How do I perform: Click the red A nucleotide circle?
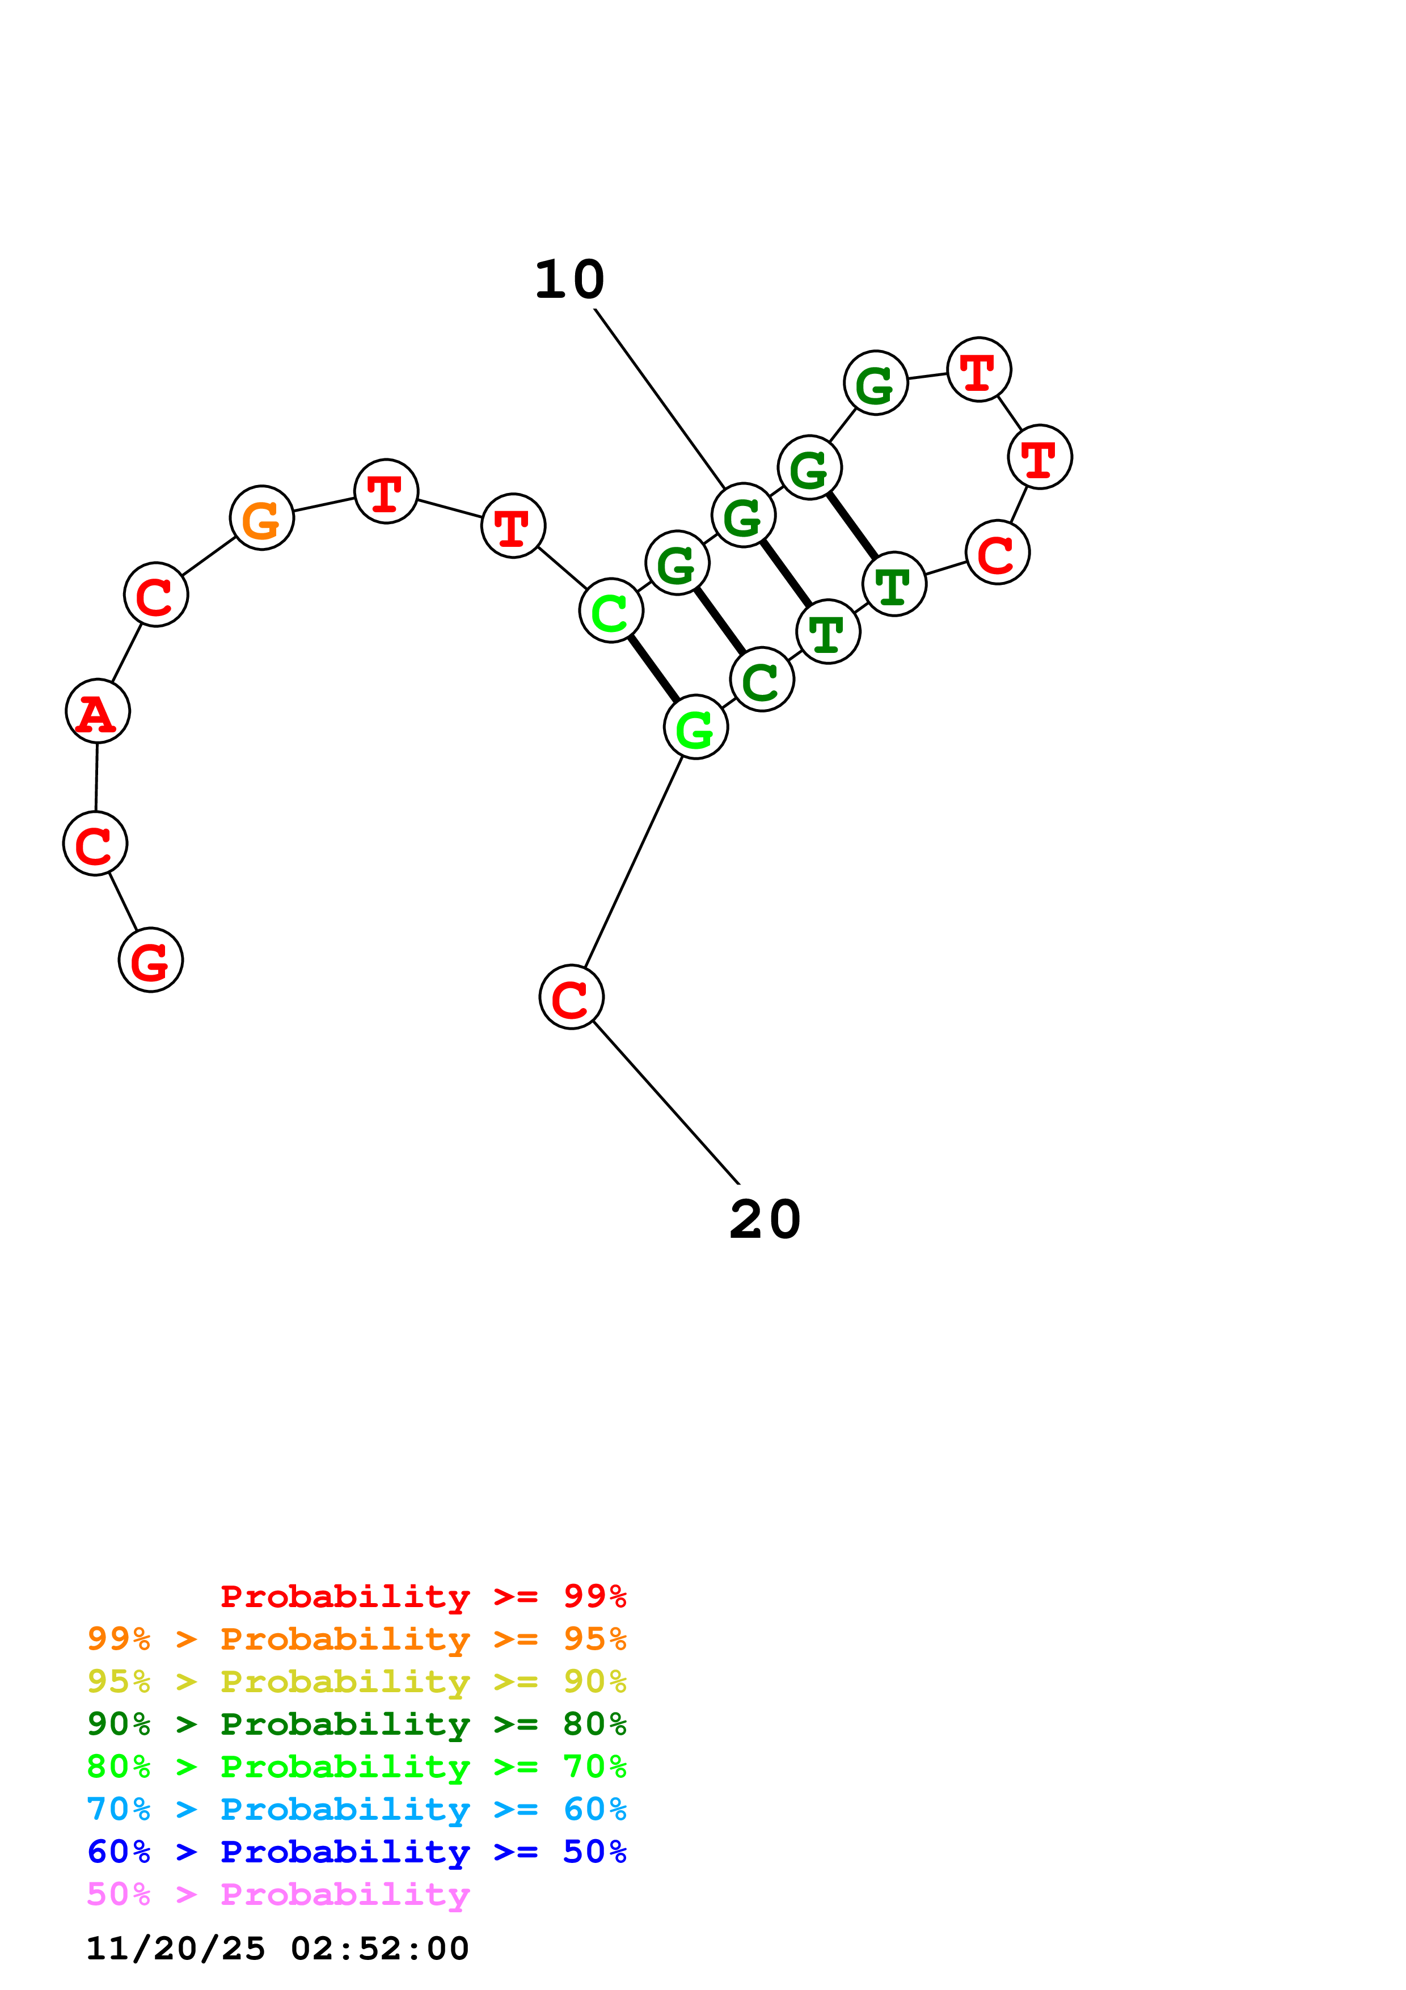point(98,711)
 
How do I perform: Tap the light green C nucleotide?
point(611,611)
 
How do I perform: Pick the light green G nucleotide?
point(696,727)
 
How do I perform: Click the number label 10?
point(569,280)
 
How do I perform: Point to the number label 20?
point(765,1220)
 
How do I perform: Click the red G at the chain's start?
point(151,960)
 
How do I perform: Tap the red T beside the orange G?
point(386,491)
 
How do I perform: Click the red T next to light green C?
point(513,526)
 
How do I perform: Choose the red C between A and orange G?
point(156,595)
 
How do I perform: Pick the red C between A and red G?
point(95,844)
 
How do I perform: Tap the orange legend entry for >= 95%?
point(357,1639)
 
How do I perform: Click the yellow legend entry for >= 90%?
point(357,1681)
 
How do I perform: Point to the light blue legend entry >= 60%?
point(357,1810)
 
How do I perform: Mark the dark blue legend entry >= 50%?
point(357,1852)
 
